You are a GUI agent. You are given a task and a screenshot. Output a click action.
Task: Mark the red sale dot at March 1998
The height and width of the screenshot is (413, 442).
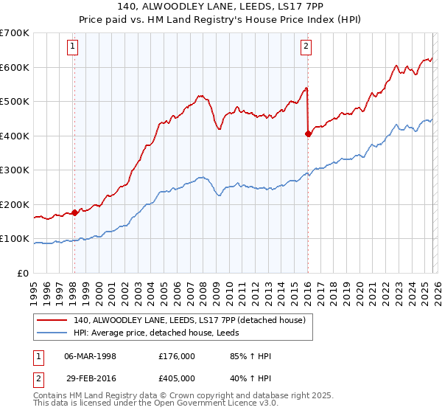click(x=74, y=212)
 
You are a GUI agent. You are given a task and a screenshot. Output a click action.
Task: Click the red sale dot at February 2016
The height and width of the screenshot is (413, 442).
click(x=307, y=133)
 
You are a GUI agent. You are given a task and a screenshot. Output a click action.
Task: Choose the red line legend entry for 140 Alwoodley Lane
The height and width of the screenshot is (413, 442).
click(x=184, y=319)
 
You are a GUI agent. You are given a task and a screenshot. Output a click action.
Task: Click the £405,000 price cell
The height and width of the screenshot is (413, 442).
click(x=176, y=380)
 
